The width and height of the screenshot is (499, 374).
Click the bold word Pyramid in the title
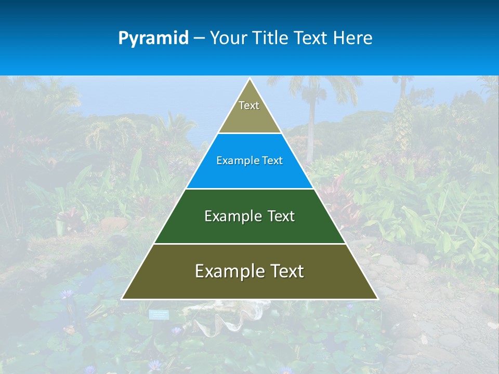click(153, 38)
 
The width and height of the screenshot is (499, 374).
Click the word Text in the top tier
click(249, 105)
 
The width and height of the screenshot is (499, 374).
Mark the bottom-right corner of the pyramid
click(377, 299)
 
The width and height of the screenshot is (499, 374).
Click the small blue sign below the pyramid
click(159, 314)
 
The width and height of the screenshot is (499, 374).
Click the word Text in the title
click(311, 38)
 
